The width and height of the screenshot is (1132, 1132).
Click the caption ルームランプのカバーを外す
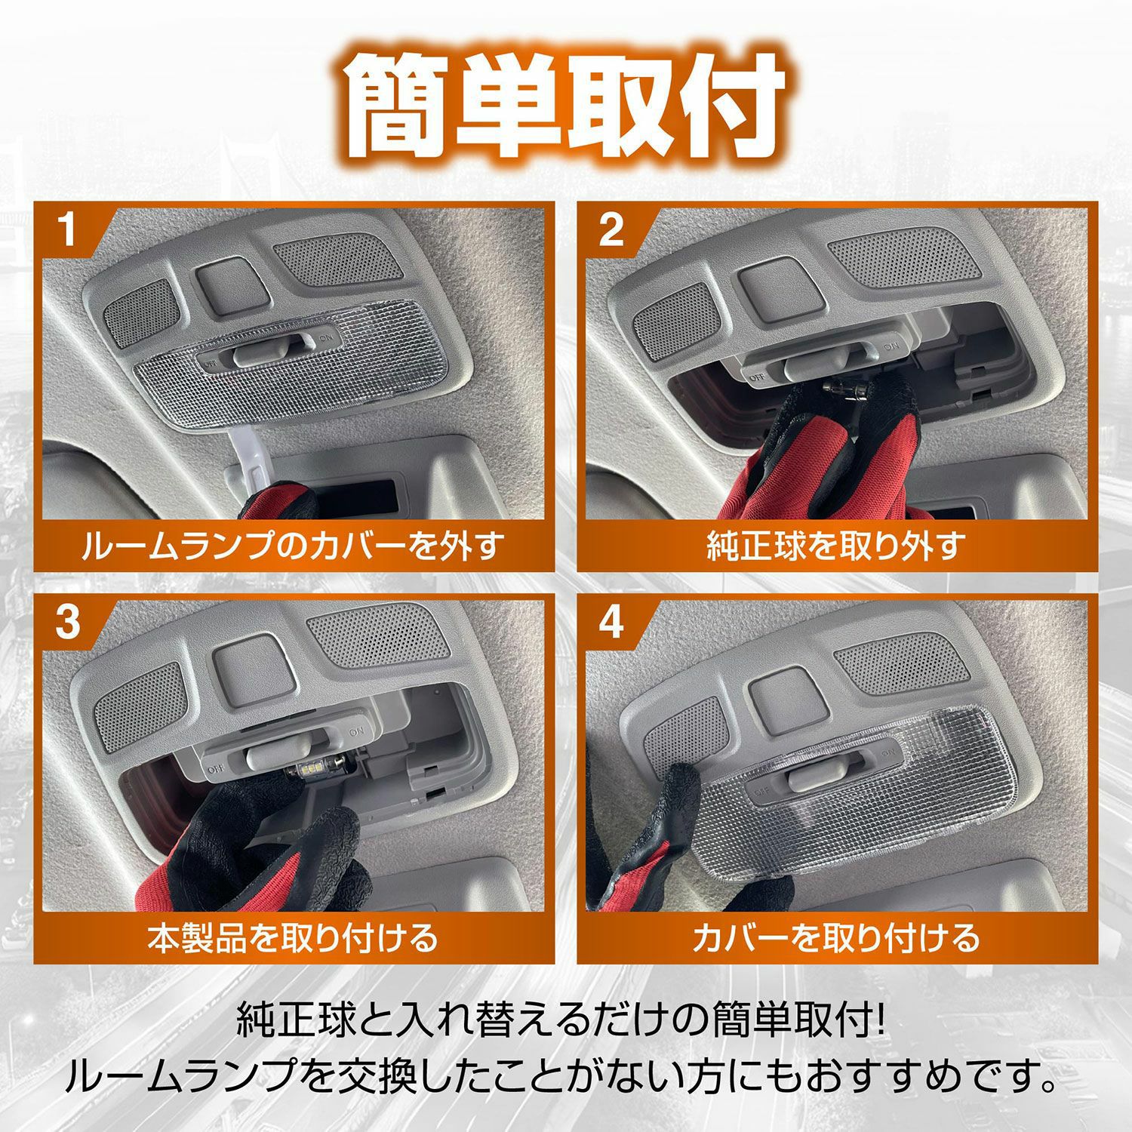[293, 545]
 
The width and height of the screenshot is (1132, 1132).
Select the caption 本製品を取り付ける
[293, 937]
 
